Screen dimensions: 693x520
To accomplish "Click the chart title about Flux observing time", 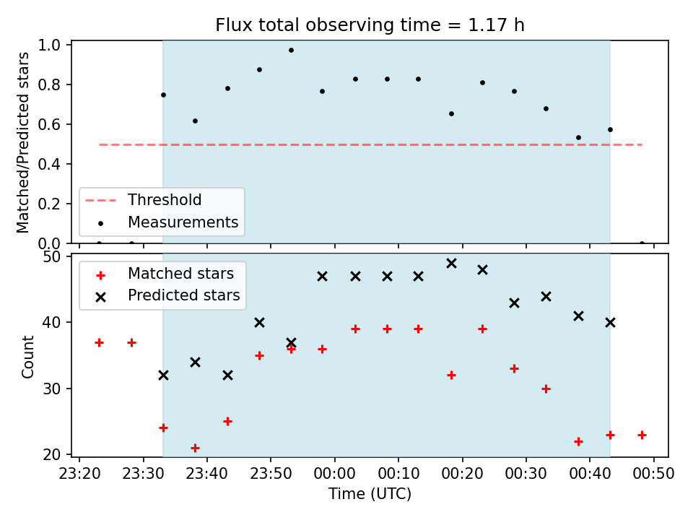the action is (370, 25).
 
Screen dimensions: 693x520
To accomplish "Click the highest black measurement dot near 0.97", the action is (291, 51).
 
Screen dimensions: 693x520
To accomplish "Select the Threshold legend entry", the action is (143, 200).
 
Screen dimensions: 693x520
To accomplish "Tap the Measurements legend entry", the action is (168, 222).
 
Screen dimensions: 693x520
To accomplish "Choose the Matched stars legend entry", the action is (165, 274).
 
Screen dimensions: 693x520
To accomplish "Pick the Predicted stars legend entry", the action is (168, 295).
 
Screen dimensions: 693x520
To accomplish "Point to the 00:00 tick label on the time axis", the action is (334, 474).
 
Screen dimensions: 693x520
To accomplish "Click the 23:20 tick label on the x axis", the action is (79, 474).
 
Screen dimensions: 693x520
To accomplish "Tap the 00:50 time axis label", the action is (654, 474).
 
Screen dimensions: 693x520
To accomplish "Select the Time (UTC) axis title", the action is (370, 493).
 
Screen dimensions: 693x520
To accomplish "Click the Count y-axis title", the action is (28, 357).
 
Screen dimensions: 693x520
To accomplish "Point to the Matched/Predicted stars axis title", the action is (22, 142).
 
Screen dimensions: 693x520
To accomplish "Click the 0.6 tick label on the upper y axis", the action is (49, 124).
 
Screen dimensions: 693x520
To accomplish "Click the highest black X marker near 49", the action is (451, 264).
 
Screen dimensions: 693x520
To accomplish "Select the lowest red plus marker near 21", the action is (195, 448).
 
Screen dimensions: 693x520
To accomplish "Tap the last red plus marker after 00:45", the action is (642, 435).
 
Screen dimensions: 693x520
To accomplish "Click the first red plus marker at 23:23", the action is (99, 342).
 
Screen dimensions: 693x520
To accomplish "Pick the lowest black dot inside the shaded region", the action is (578, 137).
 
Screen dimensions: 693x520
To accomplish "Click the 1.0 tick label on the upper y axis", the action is (49, 45).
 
